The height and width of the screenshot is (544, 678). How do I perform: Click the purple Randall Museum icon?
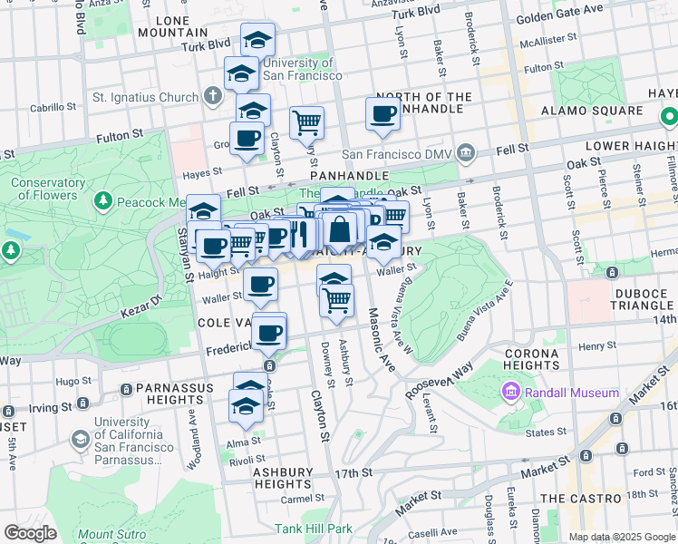(511, 393)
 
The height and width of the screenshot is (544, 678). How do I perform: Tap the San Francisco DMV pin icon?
(466, 151)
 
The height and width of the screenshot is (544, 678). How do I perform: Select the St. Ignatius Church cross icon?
(212, 96)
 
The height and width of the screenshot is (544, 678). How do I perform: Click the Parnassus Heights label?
(175, 393)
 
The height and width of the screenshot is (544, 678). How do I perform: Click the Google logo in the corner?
(30, 533)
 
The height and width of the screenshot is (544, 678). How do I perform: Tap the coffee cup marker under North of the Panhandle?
(383, 114)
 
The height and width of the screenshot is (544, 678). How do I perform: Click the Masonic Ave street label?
(382, 338)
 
